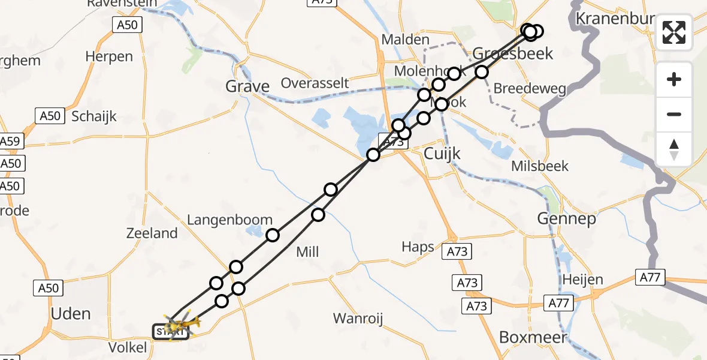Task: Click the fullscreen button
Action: [674, 32]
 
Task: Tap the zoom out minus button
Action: [674, 114]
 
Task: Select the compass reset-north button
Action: [674, 149]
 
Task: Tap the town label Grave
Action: [247, 87]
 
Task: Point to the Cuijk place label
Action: [442, 154]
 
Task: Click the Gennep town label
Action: [566, 219]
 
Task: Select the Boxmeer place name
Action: [533, 337]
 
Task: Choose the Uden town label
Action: [71, 314]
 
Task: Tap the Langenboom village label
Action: [230, 220]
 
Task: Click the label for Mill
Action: [308, 252]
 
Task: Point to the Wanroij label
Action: [358, 318]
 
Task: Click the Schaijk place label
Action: [94, 116]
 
